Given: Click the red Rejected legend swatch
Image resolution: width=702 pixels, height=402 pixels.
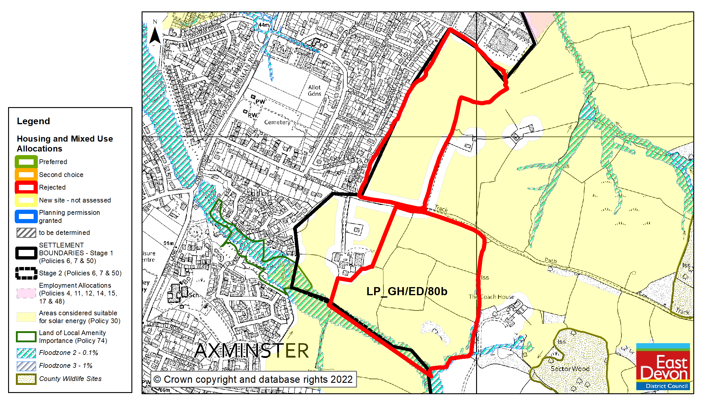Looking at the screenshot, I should point(26,187).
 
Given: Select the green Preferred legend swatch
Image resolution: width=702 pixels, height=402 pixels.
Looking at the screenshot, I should point(26,162).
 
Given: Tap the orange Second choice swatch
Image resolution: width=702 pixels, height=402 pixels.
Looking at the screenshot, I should point(26,175).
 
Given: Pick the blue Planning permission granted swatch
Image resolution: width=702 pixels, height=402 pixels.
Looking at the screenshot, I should point(26,216).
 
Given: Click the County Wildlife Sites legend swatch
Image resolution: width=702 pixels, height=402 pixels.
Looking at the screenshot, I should point(26,379).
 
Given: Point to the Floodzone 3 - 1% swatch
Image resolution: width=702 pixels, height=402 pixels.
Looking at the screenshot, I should point(26,366).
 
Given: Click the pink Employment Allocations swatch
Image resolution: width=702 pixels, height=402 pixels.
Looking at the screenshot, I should point(26,293).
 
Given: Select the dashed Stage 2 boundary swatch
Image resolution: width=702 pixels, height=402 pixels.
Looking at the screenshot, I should point(26,273).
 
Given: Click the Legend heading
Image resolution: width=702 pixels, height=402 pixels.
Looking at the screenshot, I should point(33,121).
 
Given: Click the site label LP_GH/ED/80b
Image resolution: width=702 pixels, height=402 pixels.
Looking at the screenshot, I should point(407,291).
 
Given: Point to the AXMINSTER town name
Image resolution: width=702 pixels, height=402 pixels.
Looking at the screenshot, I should point(251,350).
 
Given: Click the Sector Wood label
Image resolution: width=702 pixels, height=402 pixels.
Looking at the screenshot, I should point(570,369).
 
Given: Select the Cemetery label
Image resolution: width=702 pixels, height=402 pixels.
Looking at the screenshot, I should point(277,122).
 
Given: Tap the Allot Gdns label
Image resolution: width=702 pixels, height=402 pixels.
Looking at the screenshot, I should point(314,90).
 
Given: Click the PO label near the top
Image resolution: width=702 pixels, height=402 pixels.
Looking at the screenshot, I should point(323,46).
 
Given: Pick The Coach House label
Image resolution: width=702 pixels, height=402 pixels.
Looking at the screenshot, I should point(491,297).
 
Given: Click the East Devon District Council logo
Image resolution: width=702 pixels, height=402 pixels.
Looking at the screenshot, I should point(663,366).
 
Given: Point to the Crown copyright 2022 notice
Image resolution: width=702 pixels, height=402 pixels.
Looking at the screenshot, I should point(253,379).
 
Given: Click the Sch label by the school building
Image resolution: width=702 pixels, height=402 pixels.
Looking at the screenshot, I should point(193,295).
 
